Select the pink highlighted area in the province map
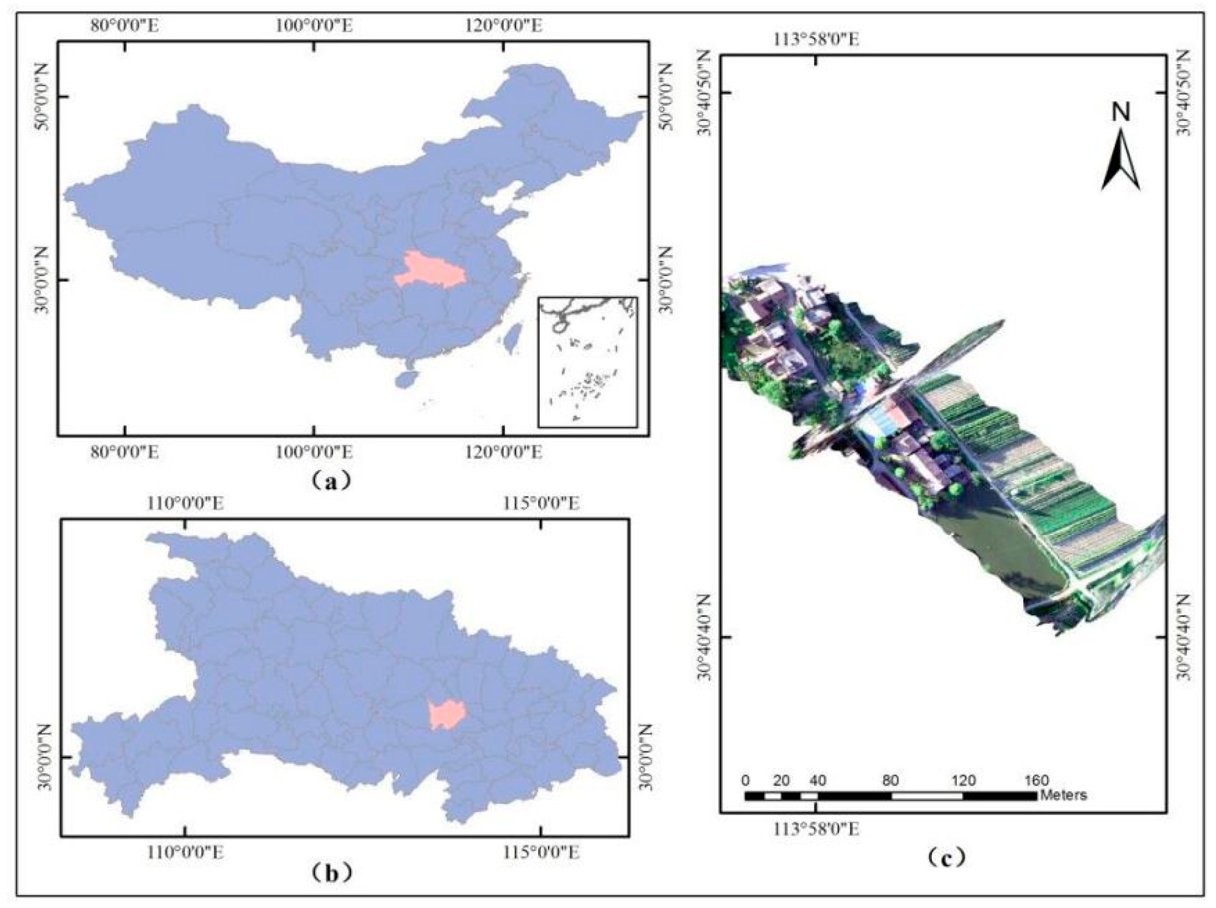447,714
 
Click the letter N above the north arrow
1121,113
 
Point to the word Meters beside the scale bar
1063,795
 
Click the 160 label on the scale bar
1036,780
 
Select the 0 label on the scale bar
745,780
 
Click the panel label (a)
330,481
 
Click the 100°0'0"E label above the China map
314,25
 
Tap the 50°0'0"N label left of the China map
42,97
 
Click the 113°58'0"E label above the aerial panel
816,40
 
